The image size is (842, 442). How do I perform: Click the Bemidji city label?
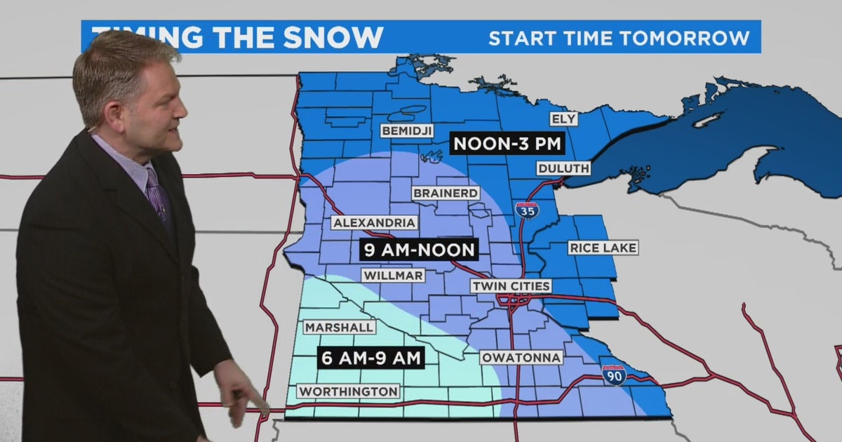point(407,131)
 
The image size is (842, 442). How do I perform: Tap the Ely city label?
point(564,119)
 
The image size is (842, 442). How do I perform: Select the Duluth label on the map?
point(563,168)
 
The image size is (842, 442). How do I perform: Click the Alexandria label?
point(375,223)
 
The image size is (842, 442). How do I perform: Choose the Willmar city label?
point(393,276)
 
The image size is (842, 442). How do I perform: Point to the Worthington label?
point(349,391)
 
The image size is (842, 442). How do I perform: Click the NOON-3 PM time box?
point(507,145)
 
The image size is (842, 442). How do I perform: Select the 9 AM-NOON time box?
point(419,249)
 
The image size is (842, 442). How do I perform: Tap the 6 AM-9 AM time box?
point(370,359)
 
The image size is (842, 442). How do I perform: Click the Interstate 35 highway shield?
point(527,210)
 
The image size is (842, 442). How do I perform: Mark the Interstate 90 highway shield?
point(613,375)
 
